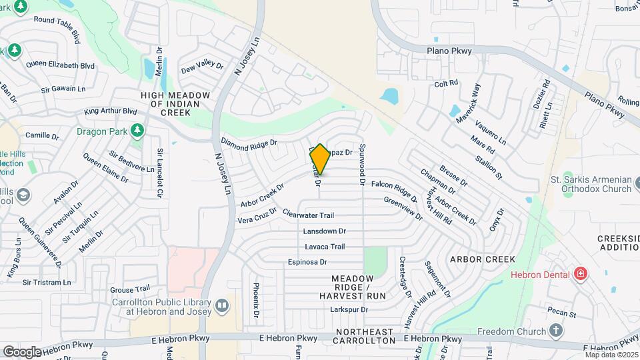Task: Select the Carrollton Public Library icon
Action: (222, 306)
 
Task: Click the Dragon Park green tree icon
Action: (137, 130)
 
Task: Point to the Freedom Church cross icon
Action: (557, 330)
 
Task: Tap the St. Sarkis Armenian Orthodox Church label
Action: (588, 184)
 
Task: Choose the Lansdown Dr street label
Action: (325, 231)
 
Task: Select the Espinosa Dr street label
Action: (307, 263)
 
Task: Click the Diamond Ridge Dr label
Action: (249, 143)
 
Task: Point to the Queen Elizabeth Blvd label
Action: (61, 65)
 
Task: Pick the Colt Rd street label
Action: (446, 83)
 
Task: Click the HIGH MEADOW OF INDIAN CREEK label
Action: (175, 104)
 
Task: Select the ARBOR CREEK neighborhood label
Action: (483, 259)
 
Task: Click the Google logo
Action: (22, 351)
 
